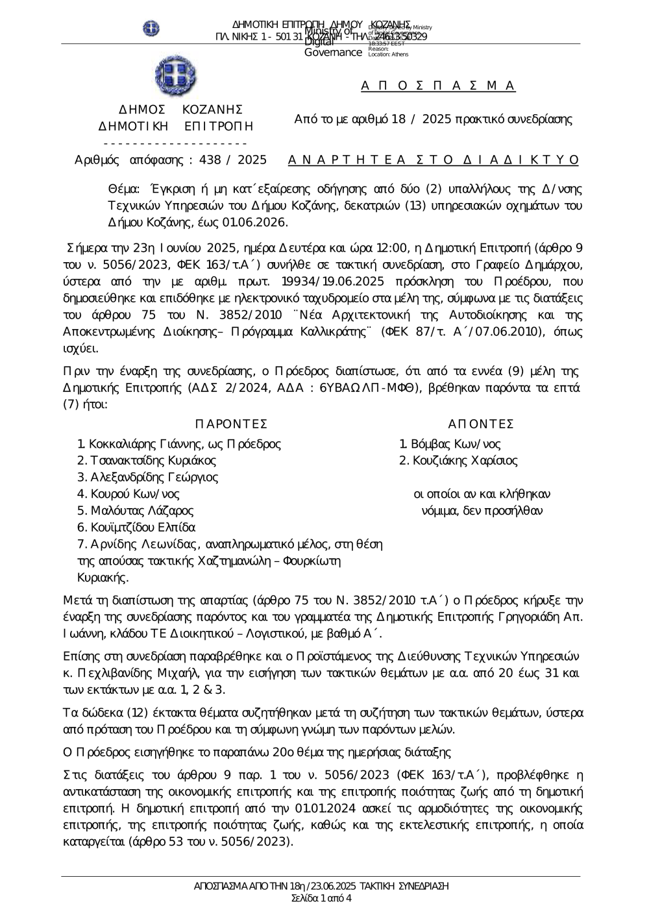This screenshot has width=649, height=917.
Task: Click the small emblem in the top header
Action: click(x=151, y=28)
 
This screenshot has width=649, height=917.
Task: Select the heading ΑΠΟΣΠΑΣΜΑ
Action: click(x=438, y=86)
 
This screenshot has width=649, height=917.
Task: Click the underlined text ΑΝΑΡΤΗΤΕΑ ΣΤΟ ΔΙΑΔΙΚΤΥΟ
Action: click(x=433, y=160)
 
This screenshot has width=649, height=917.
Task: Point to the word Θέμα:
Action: click(x=123, y=189)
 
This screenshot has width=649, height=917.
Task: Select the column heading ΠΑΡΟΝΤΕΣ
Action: click(x=231, y=424)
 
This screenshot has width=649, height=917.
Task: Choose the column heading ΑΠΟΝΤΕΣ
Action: click(x=481, y=424)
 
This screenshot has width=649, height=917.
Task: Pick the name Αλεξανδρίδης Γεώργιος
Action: click(x=154, y=478)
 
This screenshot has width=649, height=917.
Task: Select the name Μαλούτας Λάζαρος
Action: click(x=141, y=511)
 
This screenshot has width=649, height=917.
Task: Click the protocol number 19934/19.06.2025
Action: click(x=333, y=282)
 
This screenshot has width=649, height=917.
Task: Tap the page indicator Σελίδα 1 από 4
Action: click(x=322, y=899)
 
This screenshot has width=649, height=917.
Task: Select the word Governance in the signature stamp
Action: click(x=333, y=53)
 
